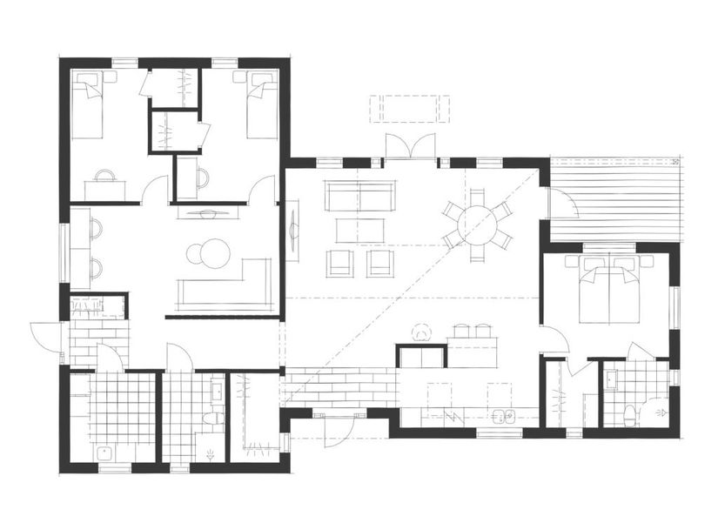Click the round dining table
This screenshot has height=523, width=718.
pos(477,225)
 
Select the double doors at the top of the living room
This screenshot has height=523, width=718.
pos(410,148)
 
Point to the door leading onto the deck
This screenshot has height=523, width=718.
pos(561,205)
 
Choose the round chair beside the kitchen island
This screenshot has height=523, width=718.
pos(422,332)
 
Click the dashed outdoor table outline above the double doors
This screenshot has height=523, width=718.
pos(410,108)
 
